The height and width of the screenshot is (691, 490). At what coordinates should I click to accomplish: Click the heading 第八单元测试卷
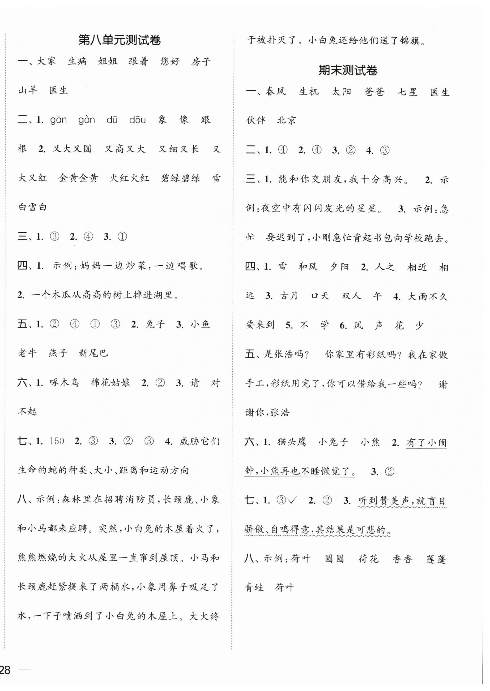[120, 40]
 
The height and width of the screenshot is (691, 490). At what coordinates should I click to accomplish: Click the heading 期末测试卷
[348, 71]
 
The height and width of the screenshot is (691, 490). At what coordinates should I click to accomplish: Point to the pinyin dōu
[137, 120]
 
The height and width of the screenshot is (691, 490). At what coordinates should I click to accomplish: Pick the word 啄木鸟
[64, 383]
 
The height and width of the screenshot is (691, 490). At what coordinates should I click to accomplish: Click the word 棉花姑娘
[110, 383]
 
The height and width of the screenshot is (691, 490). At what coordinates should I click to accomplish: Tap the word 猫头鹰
[291, 442]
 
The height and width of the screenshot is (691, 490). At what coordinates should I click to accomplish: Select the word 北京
[287, 120]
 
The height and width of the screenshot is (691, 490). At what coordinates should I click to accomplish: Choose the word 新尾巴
[93, 353]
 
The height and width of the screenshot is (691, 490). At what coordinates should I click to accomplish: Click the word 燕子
[58, 353]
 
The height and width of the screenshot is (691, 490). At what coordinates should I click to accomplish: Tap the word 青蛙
[254, 588]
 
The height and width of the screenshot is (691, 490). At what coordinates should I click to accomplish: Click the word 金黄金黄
[78, 178]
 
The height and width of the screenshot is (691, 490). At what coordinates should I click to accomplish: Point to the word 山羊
[28, 90]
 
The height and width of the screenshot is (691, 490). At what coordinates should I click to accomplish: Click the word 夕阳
[339, 267]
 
